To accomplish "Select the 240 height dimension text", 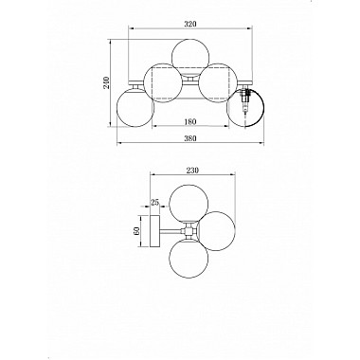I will click(106, 82).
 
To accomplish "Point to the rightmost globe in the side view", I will click(218, 230).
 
